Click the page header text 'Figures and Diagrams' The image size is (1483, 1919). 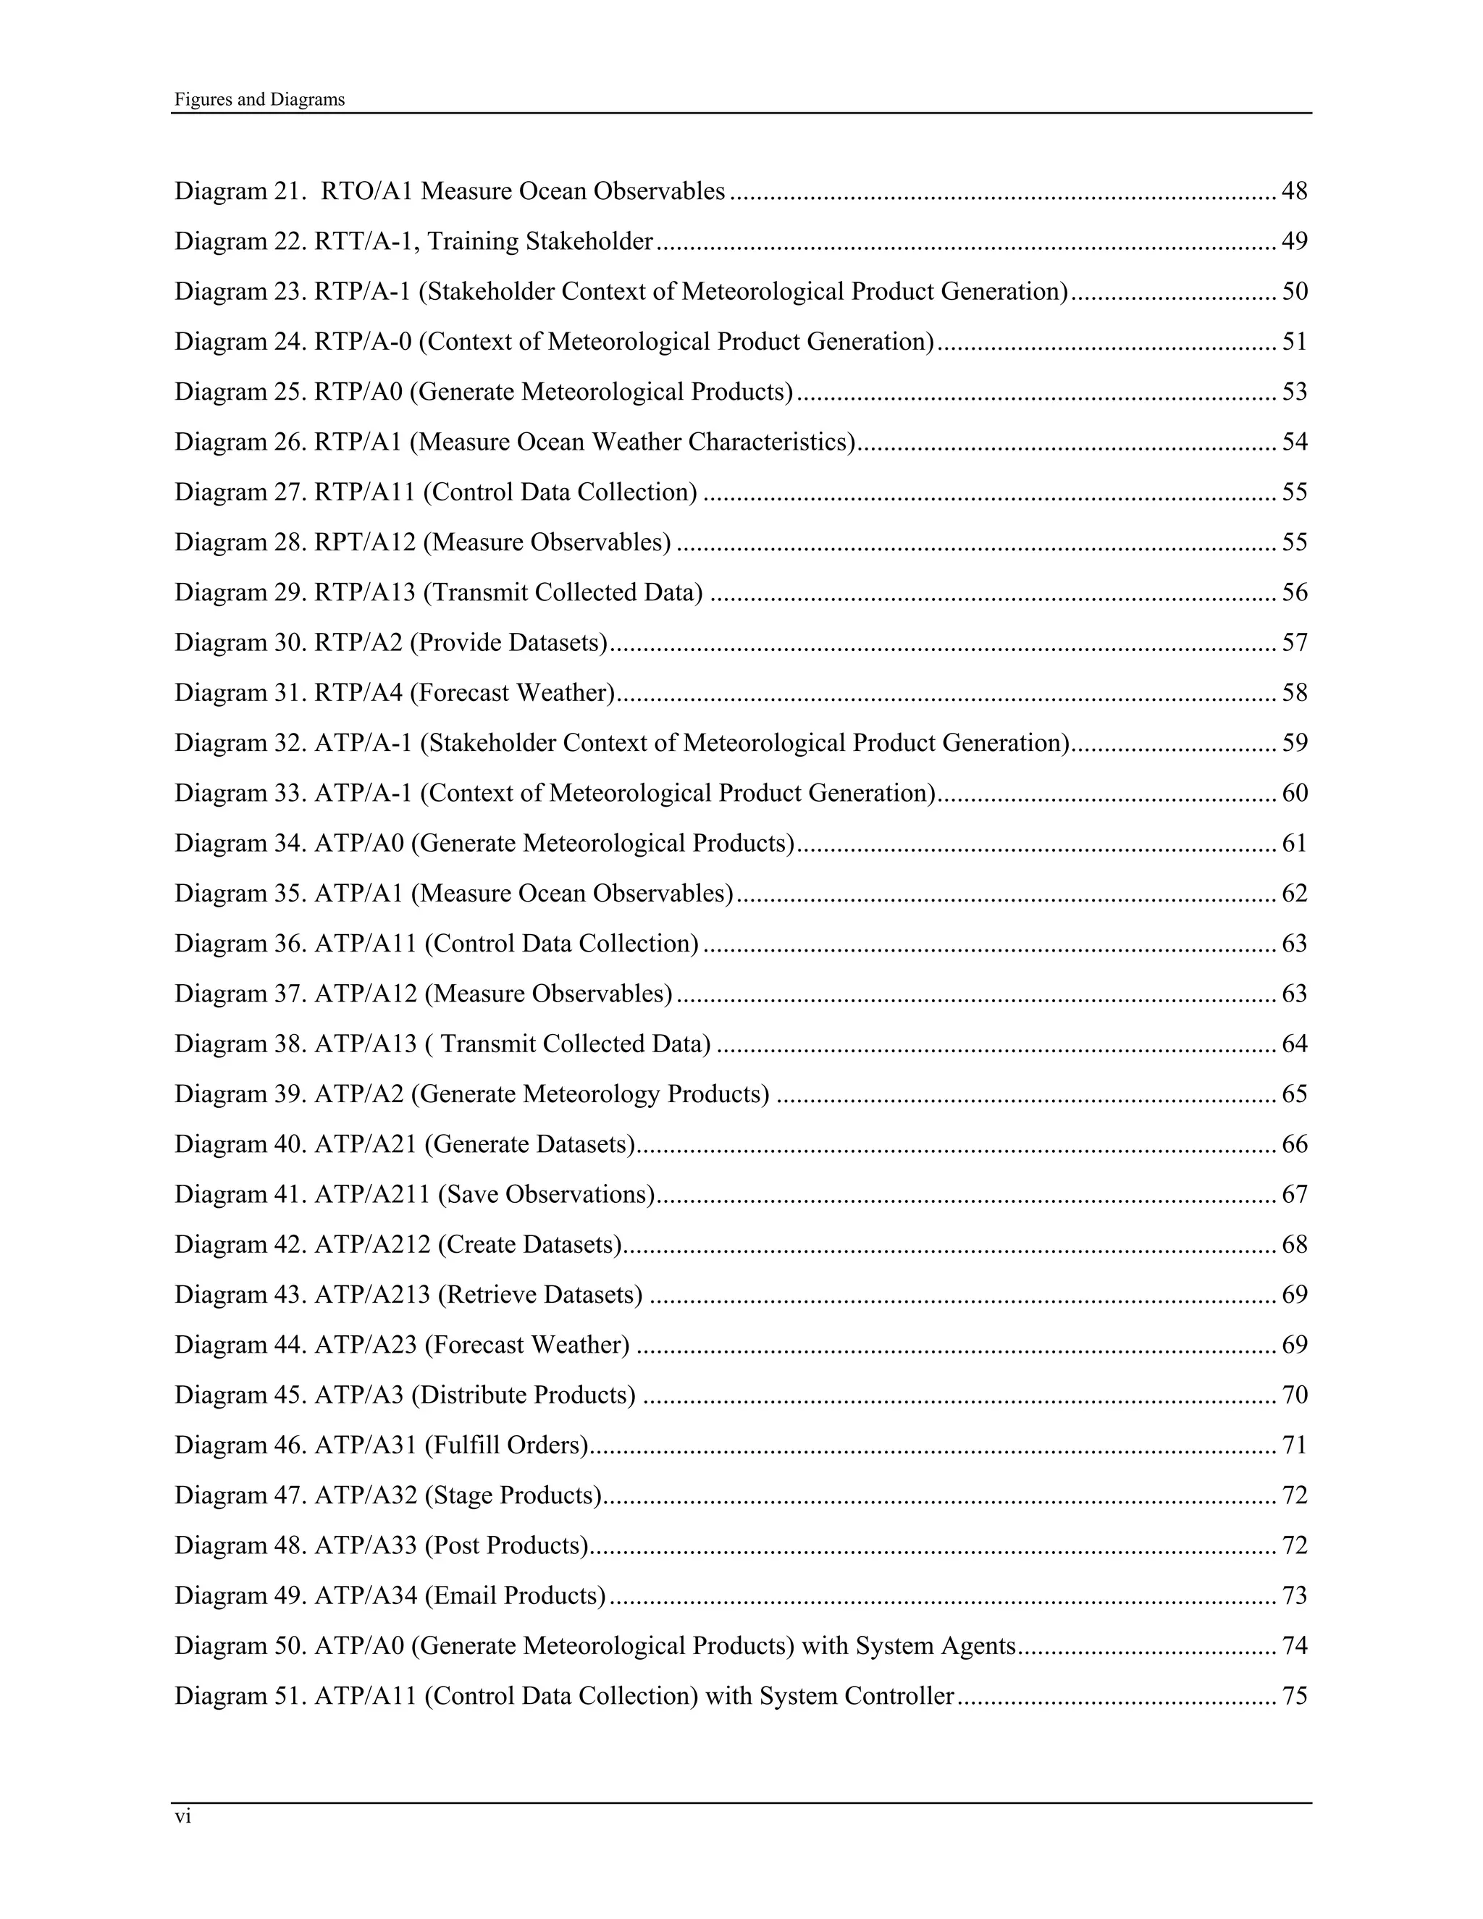point(259,99)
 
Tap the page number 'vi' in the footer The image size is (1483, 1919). point(182,1817)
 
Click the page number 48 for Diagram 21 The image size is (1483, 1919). point(1294,190)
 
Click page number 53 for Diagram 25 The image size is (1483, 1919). point(1294,391)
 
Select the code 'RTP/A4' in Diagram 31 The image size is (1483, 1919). point(358,692)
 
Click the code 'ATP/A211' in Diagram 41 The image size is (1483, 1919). point(372,1193)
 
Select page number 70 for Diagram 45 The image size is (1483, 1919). point(1294,1395)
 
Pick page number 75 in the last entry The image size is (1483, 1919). point(1294,1695)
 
